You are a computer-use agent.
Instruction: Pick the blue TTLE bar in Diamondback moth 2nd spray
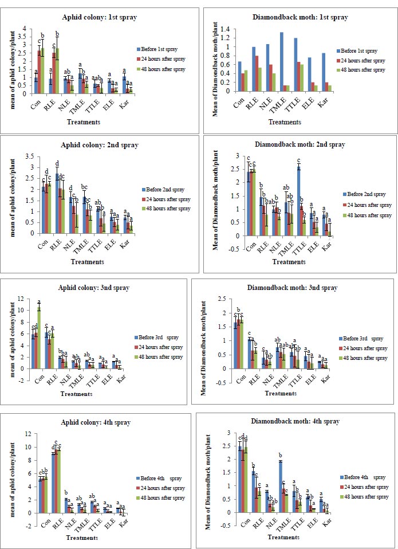(x=300, y=201)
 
